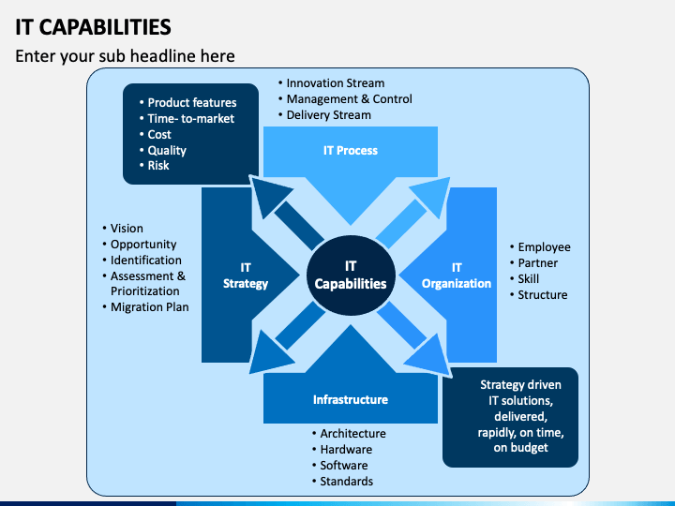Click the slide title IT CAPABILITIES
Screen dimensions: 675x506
[x=93, y=27]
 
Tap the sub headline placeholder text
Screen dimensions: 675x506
[x=125, y=56]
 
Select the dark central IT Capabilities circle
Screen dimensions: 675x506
[x=351, y=275]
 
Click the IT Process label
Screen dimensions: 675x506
[x=351, y=151]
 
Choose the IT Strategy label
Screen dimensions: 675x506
[x=246, y=275]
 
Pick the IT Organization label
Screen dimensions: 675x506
[x=457, y=275]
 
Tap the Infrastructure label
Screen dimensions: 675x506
[x=351, y=400]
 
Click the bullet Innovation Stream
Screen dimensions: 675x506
[x=332, y=83]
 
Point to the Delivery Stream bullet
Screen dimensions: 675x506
[x=324, y=115]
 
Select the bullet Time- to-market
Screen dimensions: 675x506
[x=187, y=118]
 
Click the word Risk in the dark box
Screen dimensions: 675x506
[x=158, y=166]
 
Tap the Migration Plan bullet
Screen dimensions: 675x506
[x=145, y=306]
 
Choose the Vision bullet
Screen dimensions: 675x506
[x=123, y=228]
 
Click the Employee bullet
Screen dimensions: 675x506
[x=540, y=247]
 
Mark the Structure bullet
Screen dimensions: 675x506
[x=538, y=295]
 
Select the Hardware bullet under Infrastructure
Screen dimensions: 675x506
[x=342, y=449]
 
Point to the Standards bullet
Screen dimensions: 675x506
[x=343, y=481]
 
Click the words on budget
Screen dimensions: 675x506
[x=521, y=448]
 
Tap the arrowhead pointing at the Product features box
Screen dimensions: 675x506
[x=268, y=195]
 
